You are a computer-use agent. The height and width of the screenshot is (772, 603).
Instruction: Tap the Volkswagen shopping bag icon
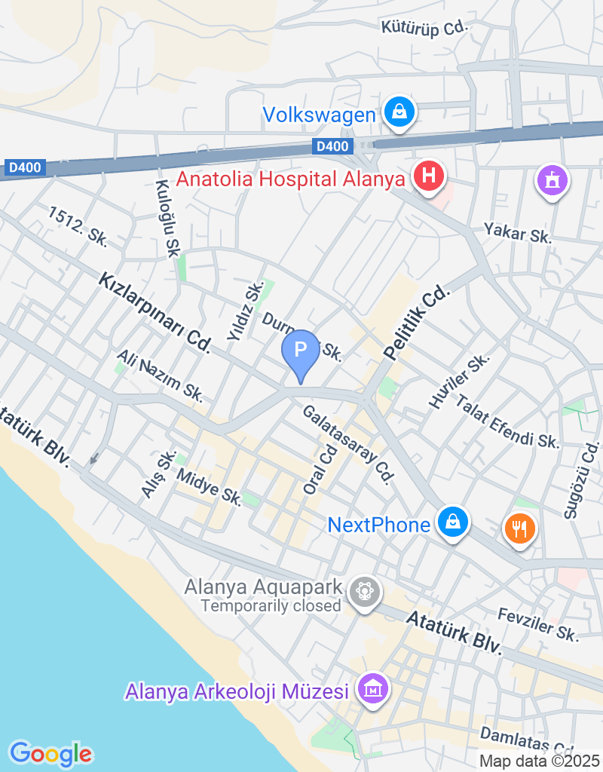coord(399,113)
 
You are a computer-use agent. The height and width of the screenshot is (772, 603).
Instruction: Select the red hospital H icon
coord(429,177)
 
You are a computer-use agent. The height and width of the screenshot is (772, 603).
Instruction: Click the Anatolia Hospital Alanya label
coord(292,179)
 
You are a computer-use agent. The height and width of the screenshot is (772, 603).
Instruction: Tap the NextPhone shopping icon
coord(452,522)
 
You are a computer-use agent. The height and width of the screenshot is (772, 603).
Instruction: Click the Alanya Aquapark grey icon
coord(365,591)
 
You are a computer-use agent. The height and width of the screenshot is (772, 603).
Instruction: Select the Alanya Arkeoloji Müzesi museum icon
coord(373,689)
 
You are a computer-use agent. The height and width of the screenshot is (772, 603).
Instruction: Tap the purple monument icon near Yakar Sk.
coord(552,180)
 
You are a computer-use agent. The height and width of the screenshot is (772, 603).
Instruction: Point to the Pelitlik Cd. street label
coord(415,323)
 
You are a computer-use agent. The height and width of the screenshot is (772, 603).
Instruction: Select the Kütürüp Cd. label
coord(425,28)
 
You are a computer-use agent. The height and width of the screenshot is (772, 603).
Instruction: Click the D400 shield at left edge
coord(26,167)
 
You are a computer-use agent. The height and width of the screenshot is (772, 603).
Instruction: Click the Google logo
coord(51,752)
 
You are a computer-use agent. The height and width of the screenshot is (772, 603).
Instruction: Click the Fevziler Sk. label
coord(537,626)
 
